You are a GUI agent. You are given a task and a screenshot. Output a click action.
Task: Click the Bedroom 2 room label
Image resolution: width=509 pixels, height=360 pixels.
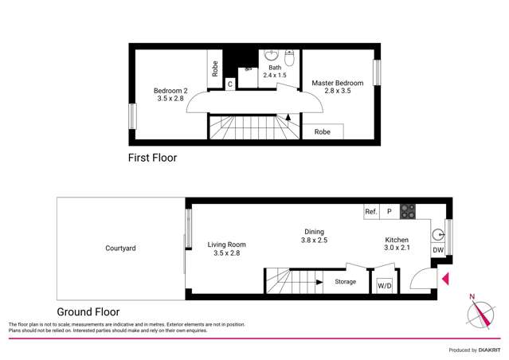[170, 95]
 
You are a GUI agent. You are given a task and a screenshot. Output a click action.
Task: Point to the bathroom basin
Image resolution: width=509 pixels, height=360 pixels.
[271, 57]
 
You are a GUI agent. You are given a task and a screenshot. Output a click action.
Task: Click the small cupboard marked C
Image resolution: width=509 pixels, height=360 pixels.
[229, 84]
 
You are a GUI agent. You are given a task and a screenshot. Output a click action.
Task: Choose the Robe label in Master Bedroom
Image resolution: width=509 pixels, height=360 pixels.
[323, 131]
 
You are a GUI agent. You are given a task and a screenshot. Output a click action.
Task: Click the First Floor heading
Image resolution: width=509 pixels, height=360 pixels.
[152, 158]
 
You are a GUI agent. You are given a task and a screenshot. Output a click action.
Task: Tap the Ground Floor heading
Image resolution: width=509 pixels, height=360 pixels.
[88, 312]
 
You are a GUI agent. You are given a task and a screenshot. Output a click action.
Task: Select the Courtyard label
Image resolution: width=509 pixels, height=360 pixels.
[120, 248]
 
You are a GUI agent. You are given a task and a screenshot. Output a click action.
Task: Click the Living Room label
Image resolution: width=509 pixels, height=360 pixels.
[227, 248]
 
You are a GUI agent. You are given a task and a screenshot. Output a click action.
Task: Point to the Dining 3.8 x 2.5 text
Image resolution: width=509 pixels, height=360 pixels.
[313, 236]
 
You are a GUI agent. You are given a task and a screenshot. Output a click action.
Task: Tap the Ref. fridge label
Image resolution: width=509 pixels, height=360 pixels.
[370, 212]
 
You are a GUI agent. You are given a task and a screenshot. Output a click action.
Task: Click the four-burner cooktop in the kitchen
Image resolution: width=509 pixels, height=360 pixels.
[407, 211]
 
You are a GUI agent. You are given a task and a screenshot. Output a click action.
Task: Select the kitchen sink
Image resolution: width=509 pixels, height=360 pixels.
[437, 235]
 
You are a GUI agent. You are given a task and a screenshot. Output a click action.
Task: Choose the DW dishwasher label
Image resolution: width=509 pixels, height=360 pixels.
[437, 250]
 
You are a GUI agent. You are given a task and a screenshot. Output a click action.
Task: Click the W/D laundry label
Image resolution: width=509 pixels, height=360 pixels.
[383, 285]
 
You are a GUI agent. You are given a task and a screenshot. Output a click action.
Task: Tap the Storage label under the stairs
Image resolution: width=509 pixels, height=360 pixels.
[345, 282]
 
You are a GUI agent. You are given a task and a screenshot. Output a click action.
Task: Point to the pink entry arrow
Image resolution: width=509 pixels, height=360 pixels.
[446, 279]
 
